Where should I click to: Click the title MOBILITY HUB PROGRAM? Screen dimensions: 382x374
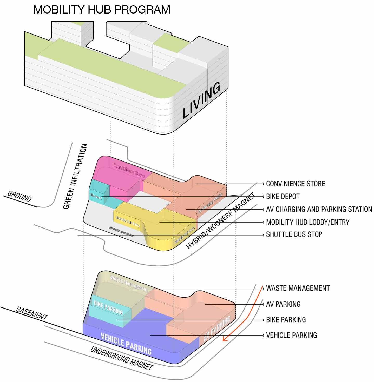point(102,10)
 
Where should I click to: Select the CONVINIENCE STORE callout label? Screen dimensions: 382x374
point(296,184)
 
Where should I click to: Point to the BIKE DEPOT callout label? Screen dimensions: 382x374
point(283,196)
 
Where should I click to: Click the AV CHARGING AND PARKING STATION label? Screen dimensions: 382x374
point(319,209)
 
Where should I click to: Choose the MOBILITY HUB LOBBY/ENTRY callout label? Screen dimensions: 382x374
point(308,222)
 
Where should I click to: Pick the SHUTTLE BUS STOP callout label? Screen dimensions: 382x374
point(294,234)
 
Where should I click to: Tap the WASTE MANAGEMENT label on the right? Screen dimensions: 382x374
point(298,288)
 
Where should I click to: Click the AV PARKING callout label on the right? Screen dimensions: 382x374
point(283,304)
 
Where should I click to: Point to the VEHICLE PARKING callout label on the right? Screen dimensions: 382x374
point(291,335)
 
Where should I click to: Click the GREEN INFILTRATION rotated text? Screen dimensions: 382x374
point(75,176)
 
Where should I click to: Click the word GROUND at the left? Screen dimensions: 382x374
point(19,196)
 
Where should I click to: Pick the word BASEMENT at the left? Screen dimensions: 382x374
point(32,313)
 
